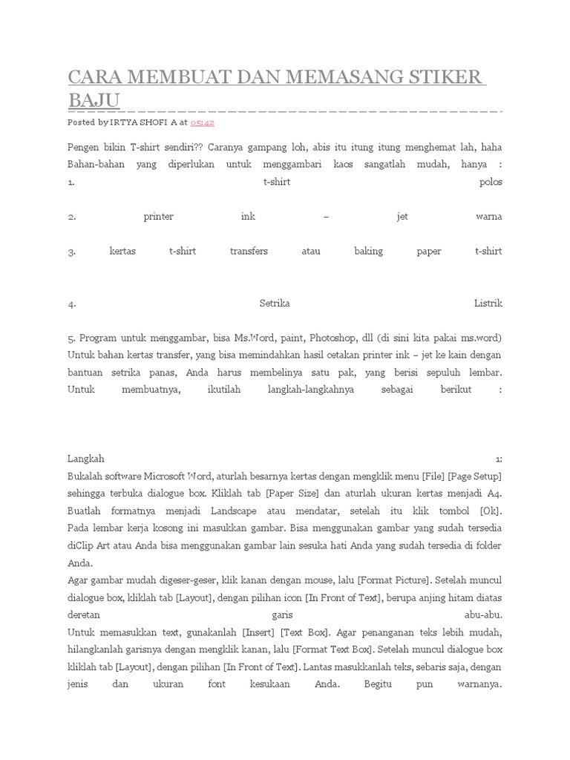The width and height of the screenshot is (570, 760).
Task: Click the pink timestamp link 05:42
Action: point(202,122)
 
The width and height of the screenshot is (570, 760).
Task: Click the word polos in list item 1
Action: point(491,182)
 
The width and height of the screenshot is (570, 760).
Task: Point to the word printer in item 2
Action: point(158,217)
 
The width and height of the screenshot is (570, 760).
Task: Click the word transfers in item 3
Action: point(249,252)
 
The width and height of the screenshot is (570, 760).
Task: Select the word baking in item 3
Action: point(368,252)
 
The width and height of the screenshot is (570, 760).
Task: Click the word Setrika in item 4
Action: point(275,304)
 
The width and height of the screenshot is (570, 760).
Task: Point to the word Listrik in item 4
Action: point(488,304)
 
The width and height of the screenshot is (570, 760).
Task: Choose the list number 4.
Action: point(71,304)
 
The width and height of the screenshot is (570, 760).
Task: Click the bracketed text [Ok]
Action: point(490,511)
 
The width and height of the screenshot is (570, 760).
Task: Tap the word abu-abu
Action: point(482,615)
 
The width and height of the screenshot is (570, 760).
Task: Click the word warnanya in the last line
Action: point(476,684)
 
